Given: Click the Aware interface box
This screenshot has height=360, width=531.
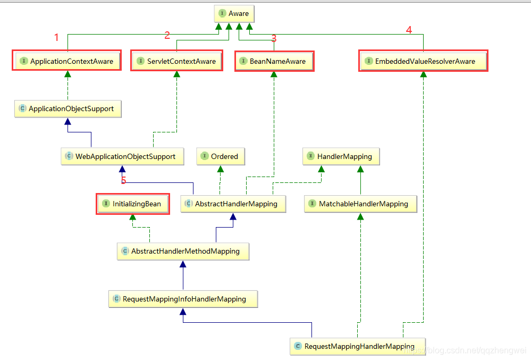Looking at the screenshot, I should point(233,13).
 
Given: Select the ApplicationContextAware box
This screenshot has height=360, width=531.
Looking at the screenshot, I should point(67,61).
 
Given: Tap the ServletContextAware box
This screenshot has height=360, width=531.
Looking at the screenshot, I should point(177,61).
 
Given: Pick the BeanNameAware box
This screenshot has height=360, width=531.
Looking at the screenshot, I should point(274,61).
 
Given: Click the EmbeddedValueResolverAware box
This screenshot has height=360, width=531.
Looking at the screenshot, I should point(423,61).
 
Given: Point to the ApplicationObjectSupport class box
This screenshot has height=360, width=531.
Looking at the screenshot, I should point(67,108).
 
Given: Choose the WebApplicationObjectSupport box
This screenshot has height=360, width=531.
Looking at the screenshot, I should point(122,156).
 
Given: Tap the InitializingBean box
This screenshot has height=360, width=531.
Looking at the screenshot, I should point(132,204).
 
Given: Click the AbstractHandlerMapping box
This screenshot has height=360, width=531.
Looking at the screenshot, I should point(232,204).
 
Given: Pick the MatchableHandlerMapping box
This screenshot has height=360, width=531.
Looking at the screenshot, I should point(360,204).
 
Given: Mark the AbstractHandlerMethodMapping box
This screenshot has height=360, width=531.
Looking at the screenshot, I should point(183,251).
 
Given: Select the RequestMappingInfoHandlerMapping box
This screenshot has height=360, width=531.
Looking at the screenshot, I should point(183,299).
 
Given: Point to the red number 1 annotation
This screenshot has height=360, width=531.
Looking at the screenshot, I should point(57,37).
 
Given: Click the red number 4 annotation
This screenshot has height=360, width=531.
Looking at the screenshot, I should point(409,30).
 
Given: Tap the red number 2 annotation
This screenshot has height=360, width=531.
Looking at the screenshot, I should point(167,36).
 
